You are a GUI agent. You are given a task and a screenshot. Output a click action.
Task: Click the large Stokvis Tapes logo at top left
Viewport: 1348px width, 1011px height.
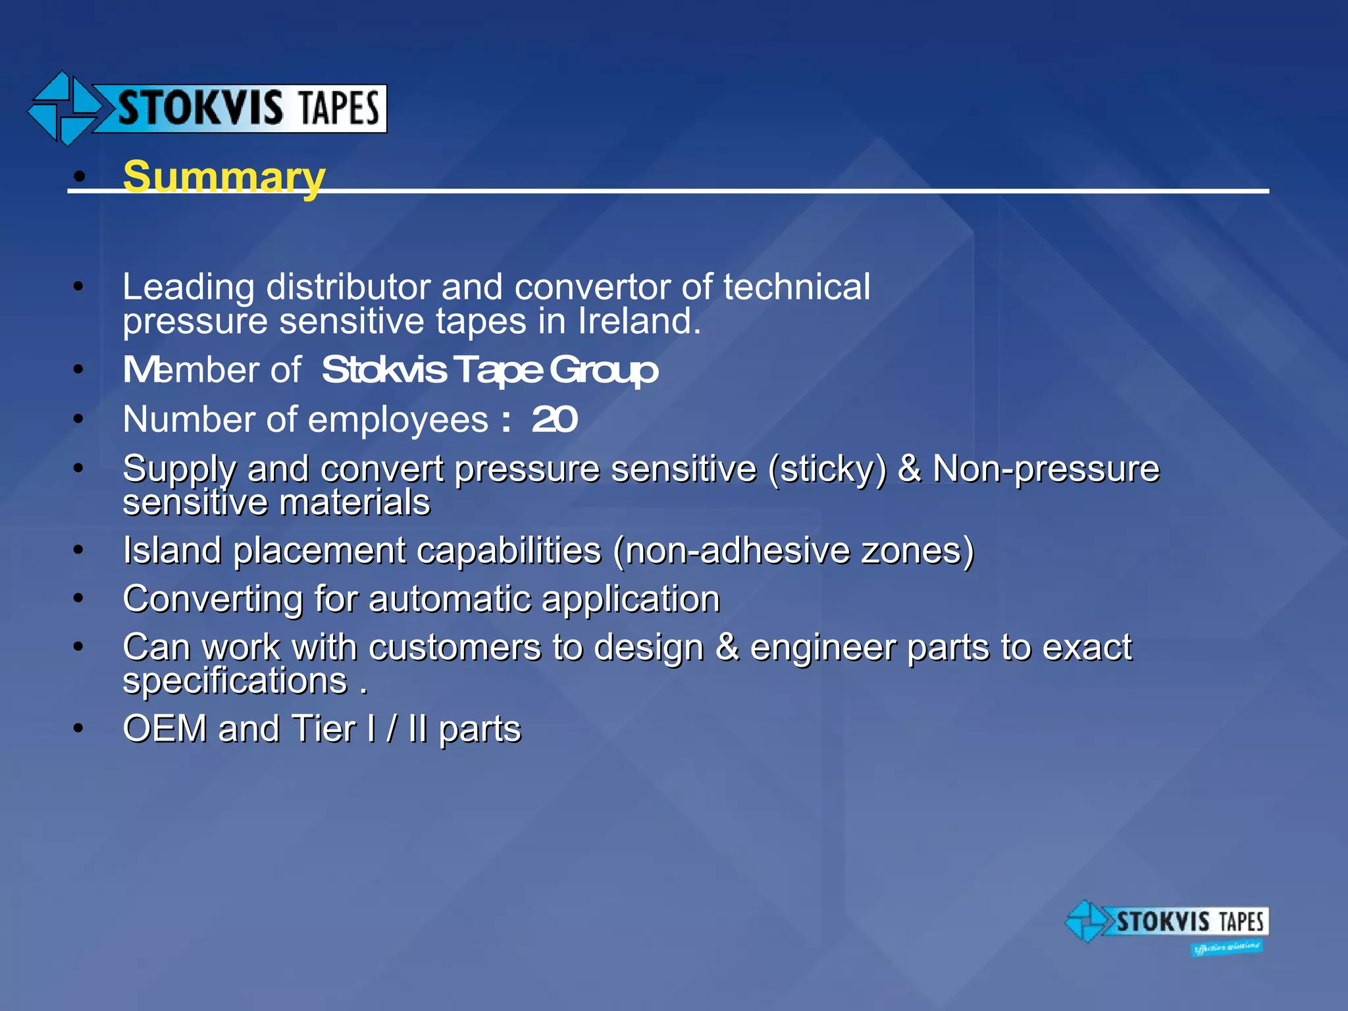coord(207,109)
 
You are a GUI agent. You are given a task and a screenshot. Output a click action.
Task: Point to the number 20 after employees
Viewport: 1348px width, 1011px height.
coord(554,419)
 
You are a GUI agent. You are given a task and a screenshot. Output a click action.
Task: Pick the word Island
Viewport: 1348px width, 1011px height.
coord(172,550)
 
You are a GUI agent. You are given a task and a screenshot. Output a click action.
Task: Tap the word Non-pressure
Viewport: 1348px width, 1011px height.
coord(1046,469)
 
